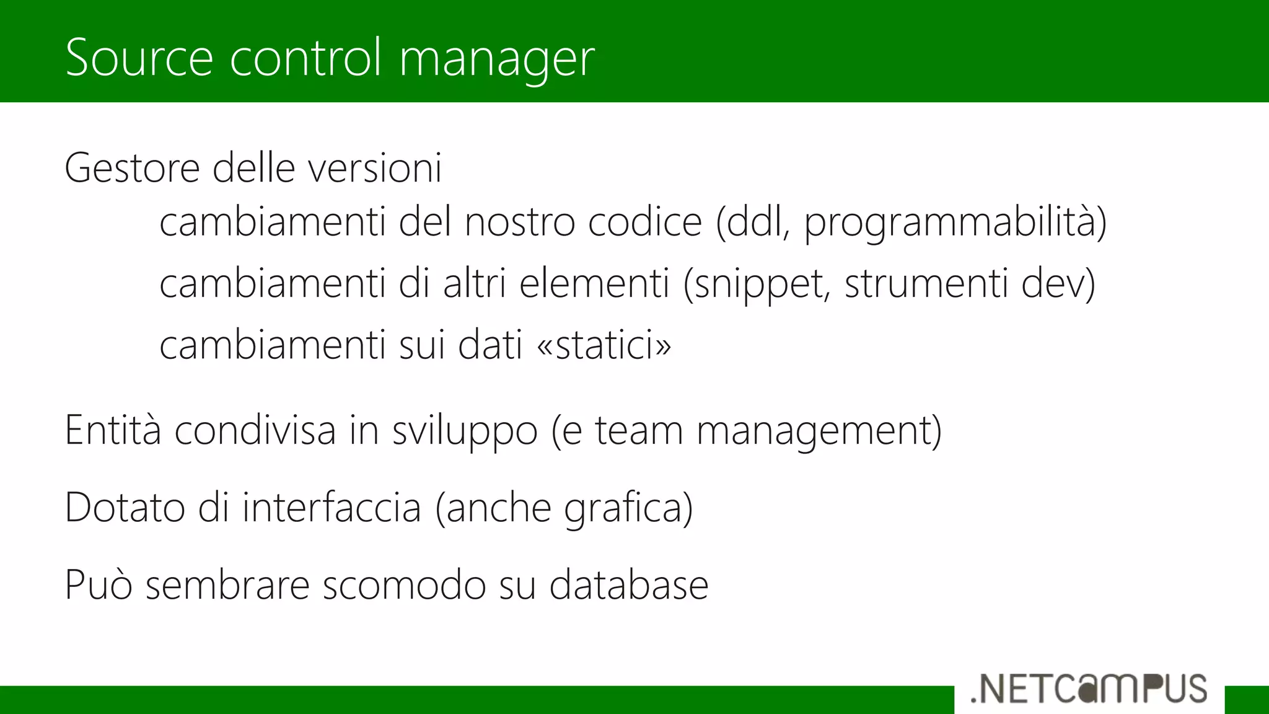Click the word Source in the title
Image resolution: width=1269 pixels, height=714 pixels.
click(139, 57)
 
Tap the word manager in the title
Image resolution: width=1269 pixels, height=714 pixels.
click(497, 59)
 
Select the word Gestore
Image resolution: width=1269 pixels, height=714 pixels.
click(132, 168)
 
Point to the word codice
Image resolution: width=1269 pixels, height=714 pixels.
click(644, 222)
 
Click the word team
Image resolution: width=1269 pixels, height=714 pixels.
click(639, 430)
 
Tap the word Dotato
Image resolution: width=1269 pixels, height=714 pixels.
click(125, 508)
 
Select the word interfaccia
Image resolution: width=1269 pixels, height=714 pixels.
click(332, 508)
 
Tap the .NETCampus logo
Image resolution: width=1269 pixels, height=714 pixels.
click(1089, 689)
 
